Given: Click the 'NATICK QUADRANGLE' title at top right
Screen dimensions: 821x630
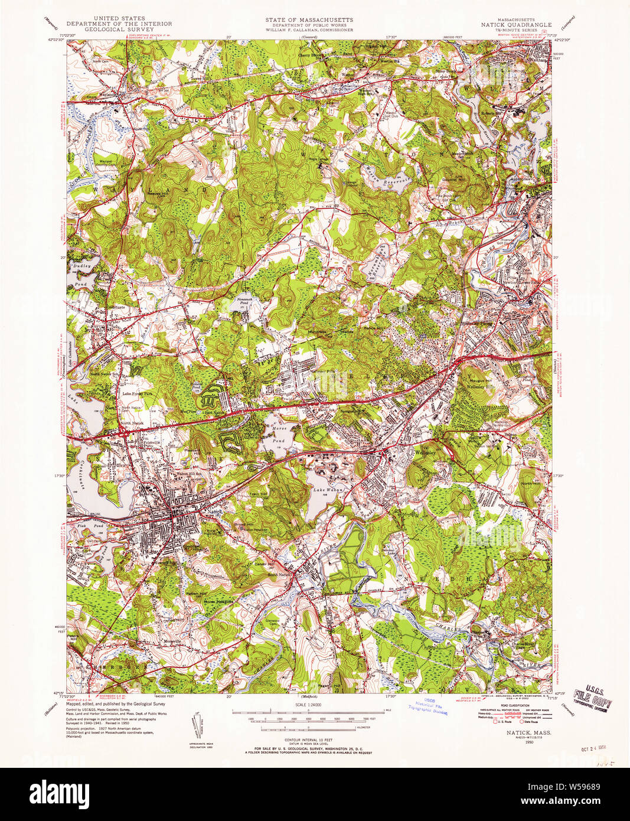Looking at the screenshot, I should [517, 25].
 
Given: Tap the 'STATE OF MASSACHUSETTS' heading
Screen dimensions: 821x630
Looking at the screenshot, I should [309, 19].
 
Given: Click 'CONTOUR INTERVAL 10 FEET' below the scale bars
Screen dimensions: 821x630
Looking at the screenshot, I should [309, 739].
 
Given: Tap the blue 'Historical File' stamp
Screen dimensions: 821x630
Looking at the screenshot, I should [426, 707].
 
